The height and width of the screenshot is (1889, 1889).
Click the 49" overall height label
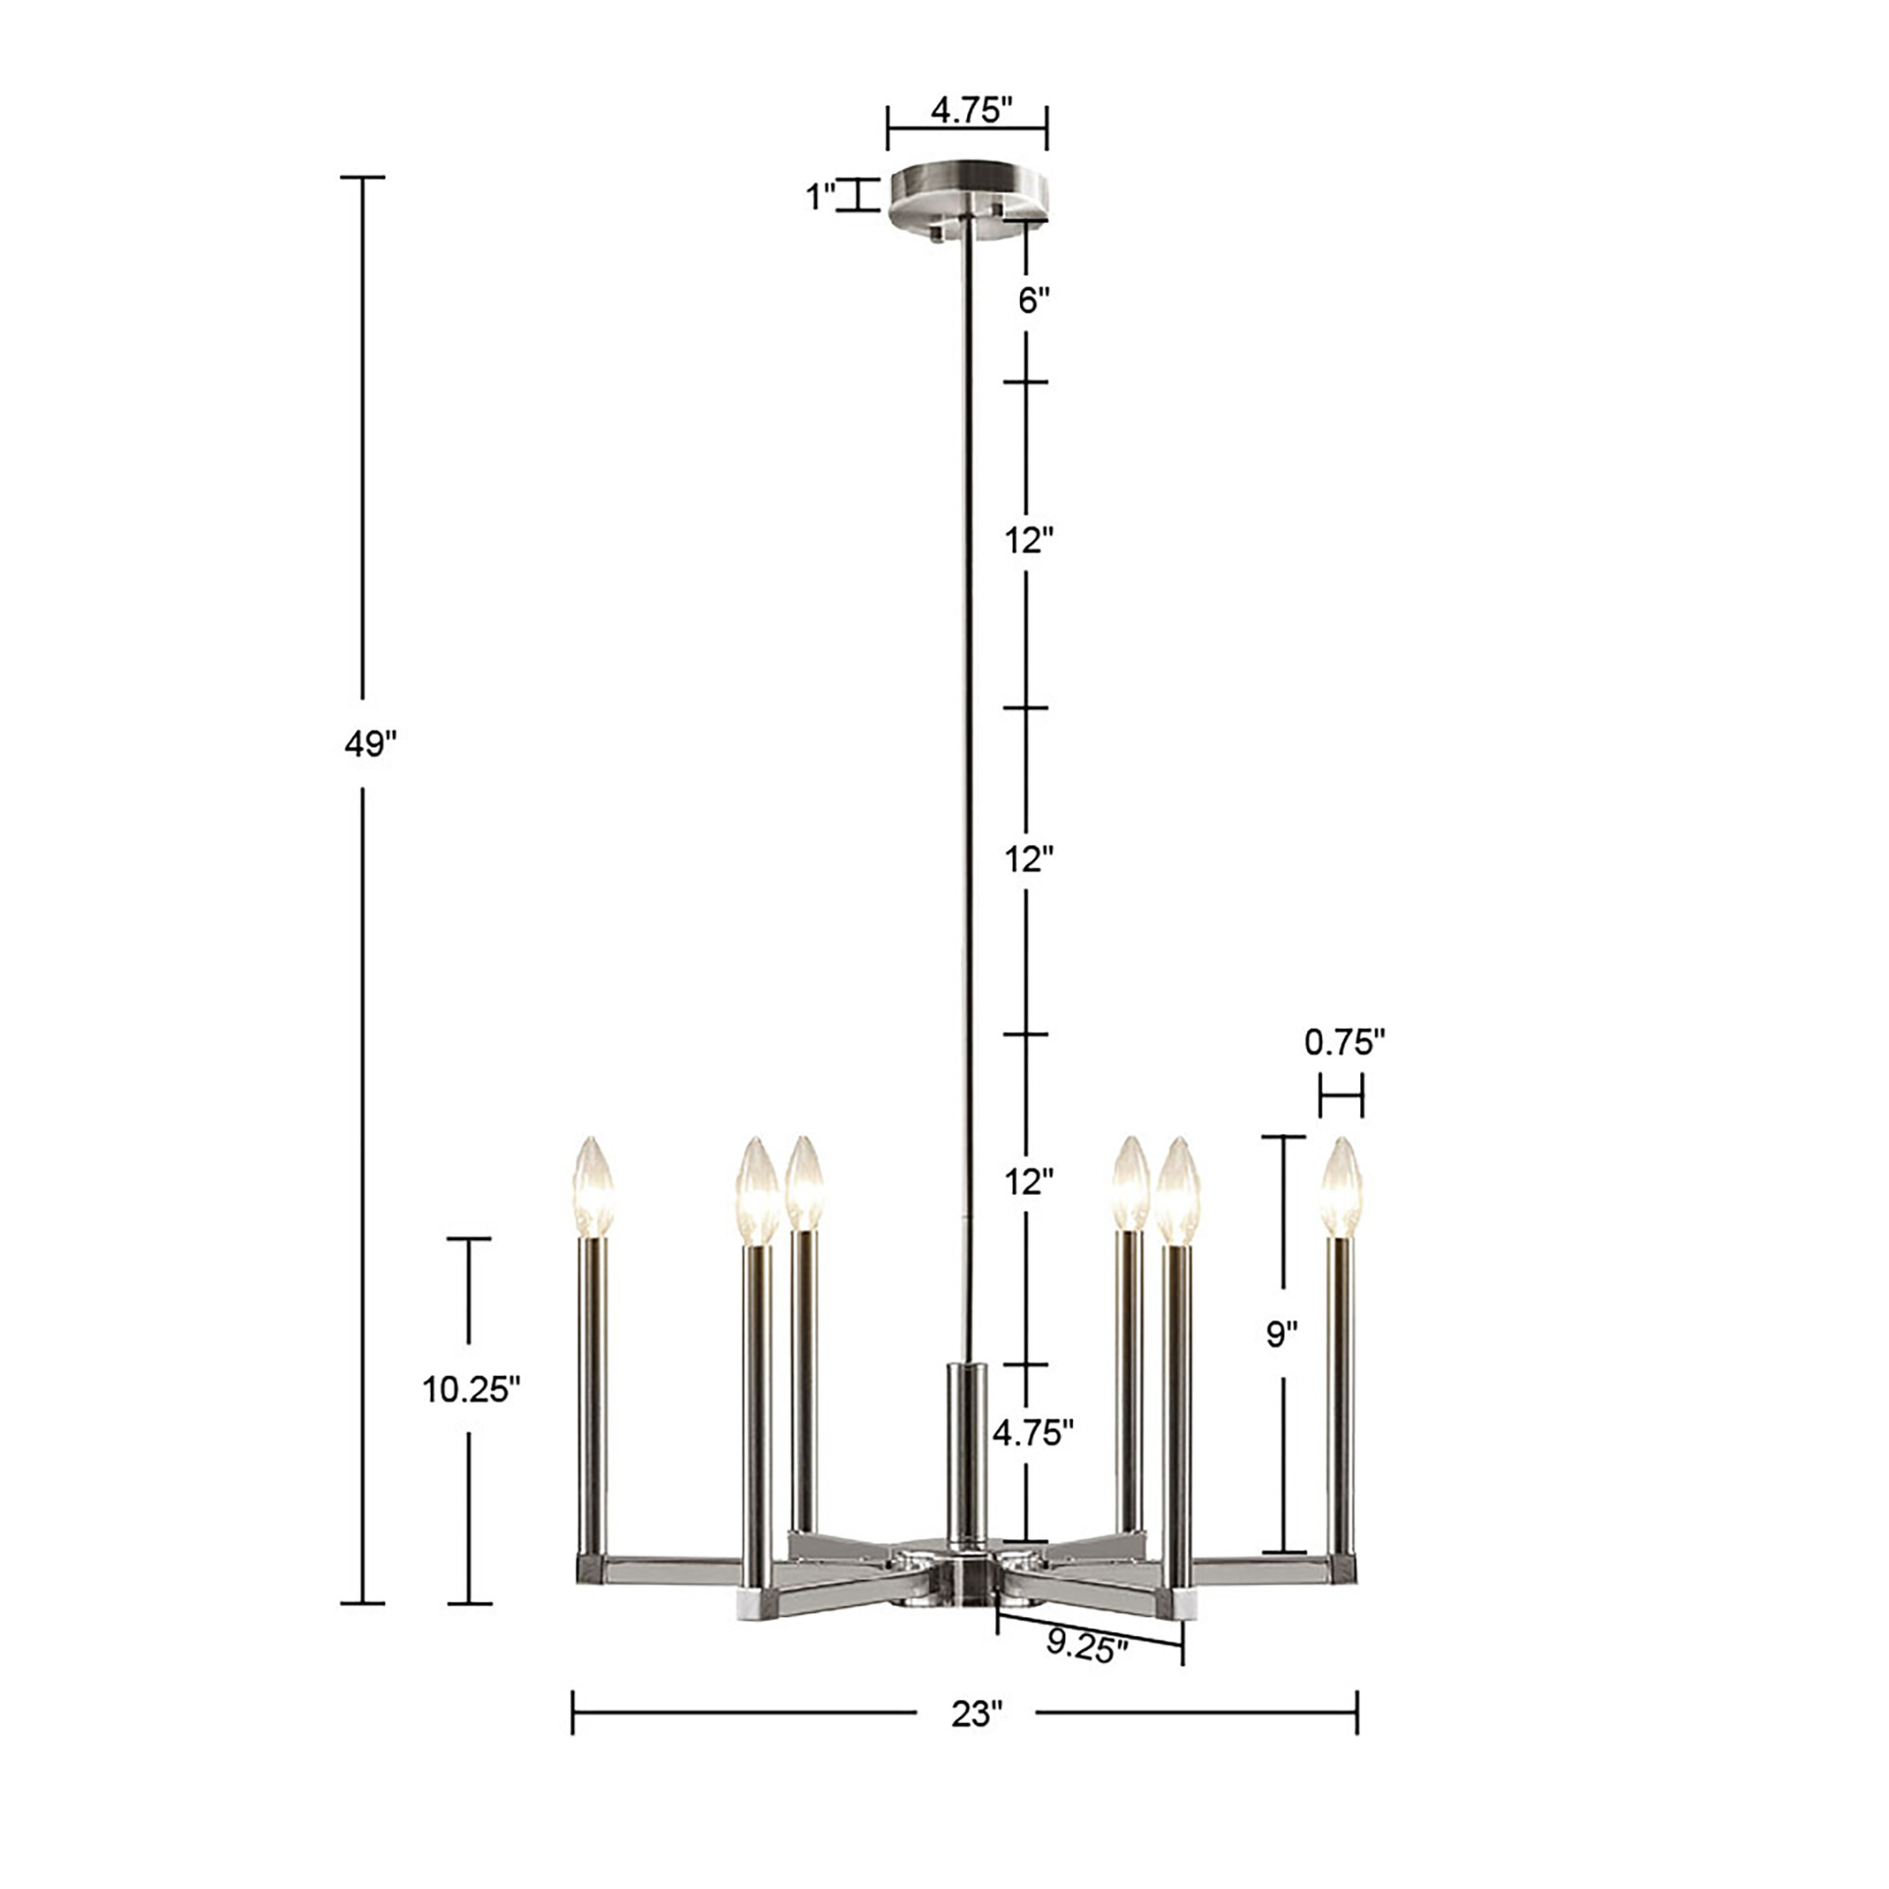click(x=369, y=744)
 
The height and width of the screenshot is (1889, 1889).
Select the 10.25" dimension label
click(x=470, y=1388)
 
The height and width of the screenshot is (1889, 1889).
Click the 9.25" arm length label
click(x=1086, y=1645)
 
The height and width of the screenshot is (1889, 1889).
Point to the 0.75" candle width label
click(x=1344, y=1044)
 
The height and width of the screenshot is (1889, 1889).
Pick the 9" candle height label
click(x=1282, y=1334)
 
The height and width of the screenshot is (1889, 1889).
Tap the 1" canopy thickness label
click(x=819, y=196)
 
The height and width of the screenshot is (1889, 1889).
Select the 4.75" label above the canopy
click(x=970, y=111)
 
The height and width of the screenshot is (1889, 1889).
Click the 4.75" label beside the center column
click(x=1032, y=1433)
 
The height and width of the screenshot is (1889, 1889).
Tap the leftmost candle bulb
click(x=592, y=1186)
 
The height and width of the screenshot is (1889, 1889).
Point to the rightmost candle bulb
click(x=1340, y=1186)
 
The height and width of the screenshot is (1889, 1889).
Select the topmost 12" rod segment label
click(x=1029, y=539)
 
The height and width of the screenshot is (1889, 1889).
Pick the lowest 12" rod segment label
click(x=1029, y=1183)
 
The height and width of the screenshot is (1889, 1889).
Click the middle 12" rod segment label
click(x=1029, y=859)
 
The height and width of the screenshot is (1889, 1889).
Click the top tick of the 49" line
click(x=363, y=177)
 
